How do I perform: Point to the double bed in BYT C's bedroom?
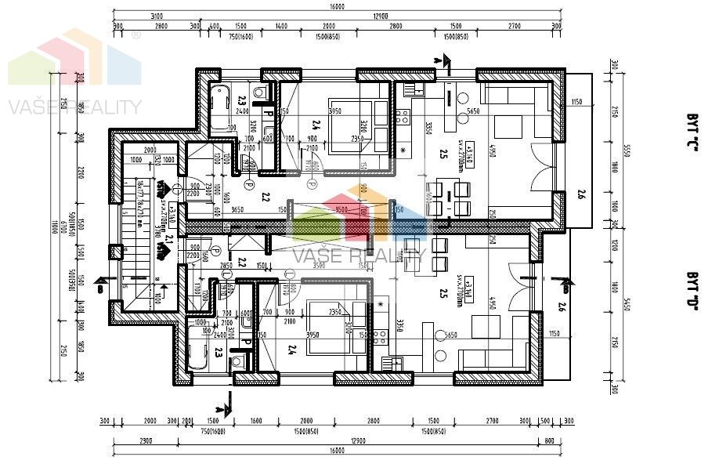point(357,124)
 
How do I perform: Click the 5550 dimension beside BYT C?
point(627,150)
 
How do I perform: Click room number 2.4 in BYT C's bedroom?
point(316,123)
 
